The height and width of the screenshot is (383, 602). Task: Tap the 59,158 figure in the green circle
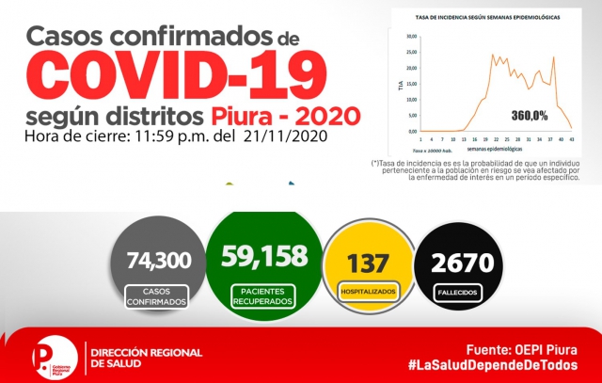[x=261, y=255]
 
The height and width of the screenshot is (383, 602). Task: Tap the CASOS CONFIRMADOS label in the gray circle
[x=153, y=296]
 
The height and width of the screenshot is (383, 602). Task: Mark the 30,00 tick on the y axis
[x=411, y=37]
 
